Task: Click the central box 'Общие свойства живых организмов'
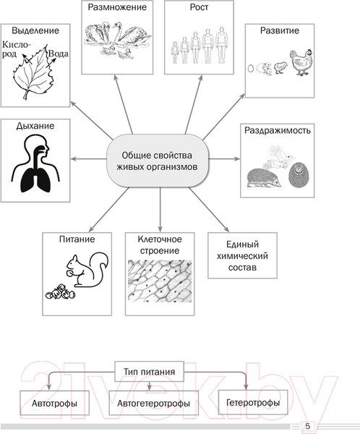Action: coord(157,161)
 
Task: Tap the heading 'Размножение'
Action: coord(117,7)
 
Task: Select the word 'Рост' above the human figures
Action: coord(199,7)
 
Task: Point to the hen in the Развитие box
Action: coord(301,62)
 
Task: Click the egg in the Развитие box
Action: coord(251,69)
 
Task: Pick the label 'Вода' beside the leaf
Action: coord(58,54)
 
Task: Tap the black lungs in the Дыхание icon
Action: coord(36,181)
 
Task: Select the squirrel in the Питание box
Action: coord(87,269)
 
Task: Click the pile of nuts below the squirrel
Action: coord(60,292)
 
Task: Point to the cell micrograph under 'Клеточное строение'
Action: coord(160,281)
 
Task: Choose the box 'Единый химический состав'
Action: coord(242,255)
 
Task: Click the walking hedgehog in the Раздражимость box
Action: coord(264,178)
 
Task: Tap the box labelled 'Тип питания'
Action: coord(149,371)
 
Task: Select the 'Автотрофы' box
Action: coord(54,403)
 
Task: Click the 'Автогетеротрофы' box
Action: coord(153,403)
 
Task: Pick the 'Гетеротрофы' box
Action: coord(253,402)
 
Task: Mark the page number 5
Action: coord(307,426)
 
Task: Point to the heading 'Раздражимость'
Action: coord(278,130)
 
